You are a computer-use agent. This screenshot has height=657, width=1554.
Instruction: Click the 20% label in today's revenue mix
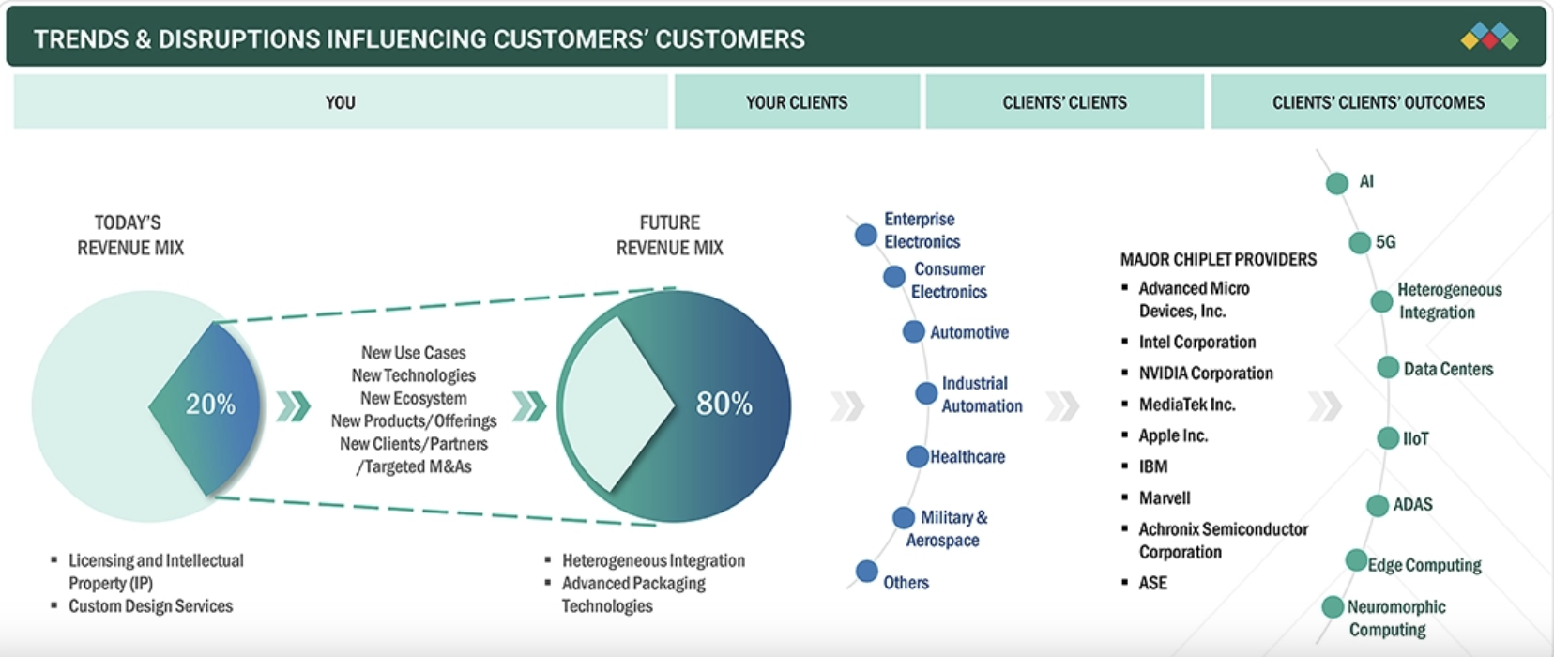210,405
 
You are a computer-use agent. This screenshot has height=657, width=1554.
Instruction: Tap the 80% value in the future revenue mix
724,404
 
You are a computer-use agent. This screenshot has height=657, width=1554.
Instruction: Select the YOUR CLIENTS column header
797,102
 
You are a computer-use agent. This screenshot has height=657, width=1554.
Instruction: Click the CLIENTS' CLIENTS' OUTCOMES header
1378,102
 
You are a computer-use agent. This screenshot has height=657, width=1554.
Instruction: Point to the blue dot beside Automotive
913,331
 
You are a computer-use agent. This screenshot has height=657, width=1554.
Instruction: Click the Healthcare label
967,457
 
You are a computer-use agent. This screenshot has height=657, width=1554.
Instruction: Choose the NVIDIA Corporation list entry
1206,374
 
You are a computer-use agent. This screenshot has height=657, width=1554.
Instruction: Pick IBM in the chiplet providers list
1153,466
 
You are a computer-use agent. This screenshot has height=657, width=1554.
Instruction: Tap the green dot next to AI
1337,183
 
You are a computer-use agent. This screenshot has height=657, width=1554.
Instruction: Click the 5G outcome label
1385,242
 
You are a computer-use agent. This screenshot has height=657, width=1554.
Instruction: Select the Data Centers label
1448,369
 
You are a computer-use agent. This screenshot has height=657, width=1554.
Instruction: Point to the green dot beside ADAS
1377,506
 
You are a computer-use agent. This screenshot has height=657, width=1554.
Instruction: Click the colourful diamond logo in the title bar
1489,38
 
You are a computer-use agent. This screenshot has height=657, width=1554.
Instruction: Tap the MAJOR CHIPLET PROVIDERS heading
1218,259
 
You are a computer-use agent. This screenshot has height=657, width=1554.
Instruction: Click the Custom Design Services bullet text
150,606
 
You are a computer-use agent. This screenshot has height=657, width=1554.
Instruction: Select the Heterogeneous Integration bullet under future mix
653,560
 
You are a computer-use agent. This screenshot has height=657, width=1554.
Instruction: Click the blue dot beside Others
866,571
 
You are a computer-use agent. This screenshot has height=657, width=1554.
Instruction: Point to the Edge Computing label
1424,565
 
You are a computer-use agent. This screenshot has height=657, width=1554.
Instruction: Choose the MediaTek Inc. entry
1186,405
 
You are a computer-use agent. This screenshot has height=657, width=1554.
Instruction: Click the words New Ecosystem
413,398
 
